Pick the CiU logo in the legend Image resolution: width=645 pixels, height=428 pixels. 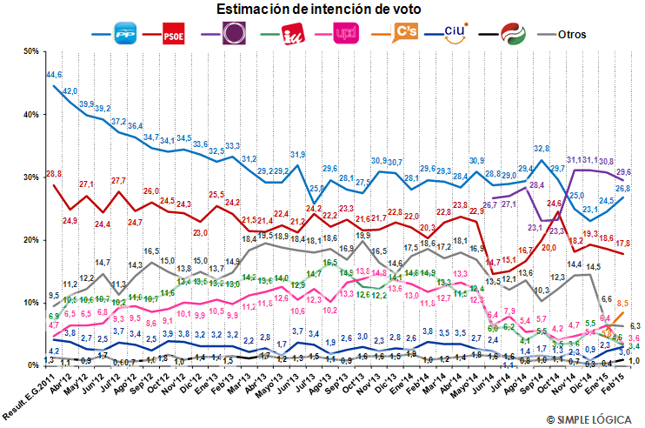(454, 34)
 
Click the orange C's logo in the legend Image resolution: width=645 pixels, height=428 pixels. (394, 34)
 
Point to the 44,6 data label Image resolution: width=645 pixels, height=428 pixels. (54, 76)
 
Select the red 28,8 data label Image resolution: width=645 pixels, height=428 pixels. (54, 175)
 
